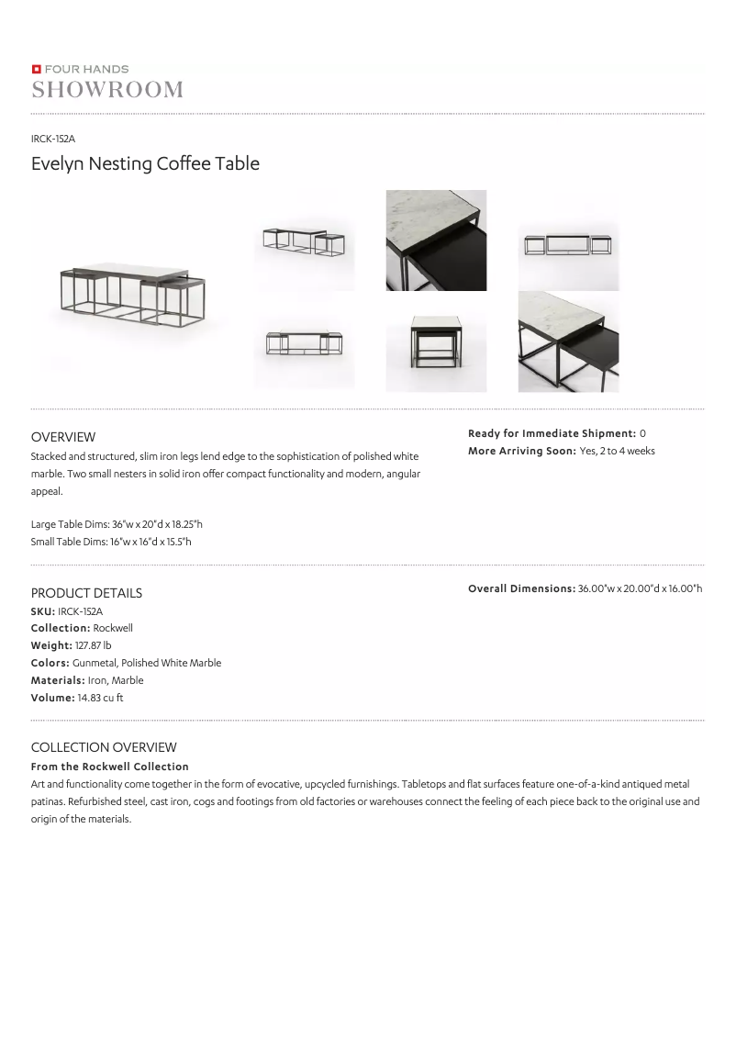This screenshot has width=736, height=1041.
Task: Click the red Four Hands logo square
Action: (36, 69)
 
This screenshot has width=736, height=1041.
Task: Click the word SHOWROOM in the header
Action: (107, 89)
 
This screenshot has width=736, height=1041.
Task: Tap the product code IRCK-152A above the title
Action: (53, 139)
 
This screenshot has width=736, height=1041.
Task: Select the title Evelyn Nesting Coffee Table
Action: (145, 164)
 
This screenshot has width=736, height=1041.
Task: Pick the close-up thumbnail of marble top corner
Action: (436, 241)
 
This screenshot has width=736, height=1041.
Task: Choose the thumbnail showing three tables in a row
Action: (568, 245)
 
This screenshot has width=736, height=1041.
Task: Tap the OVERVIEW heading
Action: (63, 437)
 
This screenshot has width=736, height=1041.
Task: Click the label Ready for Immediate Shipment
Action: (552, 433)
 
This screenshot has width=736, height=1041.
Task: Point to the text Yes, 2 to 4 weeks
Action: (617, 451)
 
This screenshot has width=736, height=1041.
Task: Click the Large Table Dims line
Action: (117, 524)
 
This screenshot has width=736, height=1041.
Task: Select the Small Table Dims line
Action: (111, 542)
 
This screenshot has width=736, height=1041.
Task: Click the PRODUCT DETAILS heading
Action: (86, 593)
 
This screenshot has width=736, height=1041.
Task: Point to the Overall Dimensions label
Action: (521, 588)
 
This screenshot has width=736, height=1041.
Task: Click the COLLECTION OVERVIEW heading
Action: (104, 747)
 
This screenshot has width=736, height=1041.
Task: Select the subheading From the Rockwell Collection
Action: (110, 767)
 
